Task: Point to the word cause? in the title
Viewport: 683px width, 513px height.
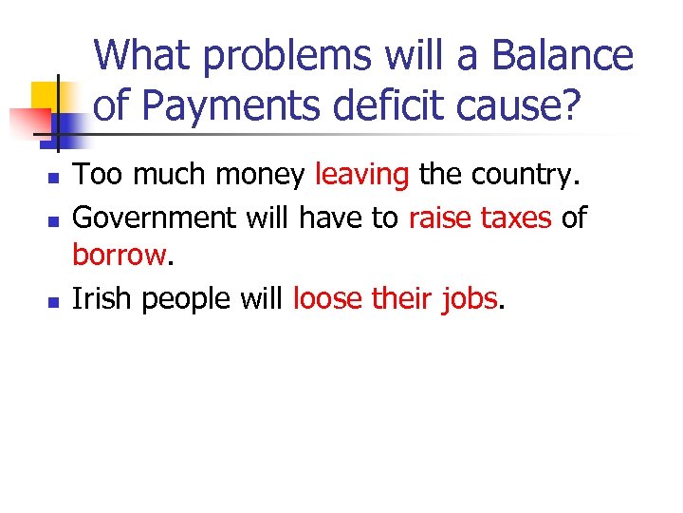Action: (x=524, y=106)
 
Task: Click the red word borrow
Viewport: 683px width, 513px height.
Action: (x=119, y=256)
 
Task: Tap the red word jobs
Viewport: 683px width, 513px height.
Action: (x=471, y=300)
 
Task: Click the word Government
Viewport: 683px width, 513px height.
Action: (x=155, y=218)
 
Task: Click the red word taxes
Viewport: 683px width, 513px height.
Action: (x=516, y=218)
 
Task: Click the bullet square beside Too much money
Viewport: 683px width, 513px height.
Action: (x=54, y=178)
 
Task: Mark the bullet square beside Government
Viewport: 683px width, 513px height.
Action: (x=54, y=219)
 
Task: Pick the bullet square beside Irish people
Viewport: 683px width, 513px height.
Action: (x=54, y=301)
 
